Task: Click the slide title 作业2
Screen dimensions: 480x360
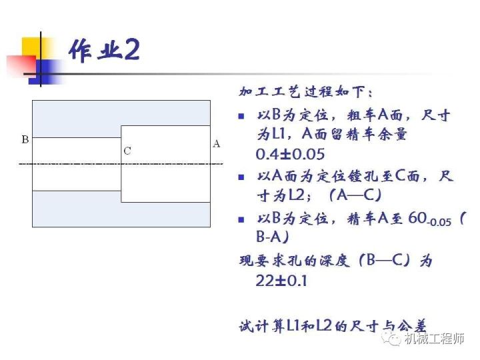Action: [x=103, y=51]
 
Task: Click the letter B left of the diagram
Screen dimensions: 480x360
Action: [x=25, y=140]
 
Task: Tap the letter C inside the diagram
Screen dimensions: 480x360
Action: [x=127, y=151]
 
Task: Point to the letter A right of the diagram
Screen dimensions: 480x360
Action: [x=216, y=143]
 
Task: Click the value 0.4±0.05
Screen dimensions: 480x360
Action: [x=290, y=154]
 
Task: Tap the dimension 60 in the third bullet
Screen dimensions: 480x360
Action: [x=419, y=217]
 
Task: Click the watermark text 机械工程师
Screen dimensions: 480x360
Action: [x=434, y=339]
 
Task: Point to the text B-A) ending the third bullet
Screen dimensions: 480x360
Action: [x=273, y=237]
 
